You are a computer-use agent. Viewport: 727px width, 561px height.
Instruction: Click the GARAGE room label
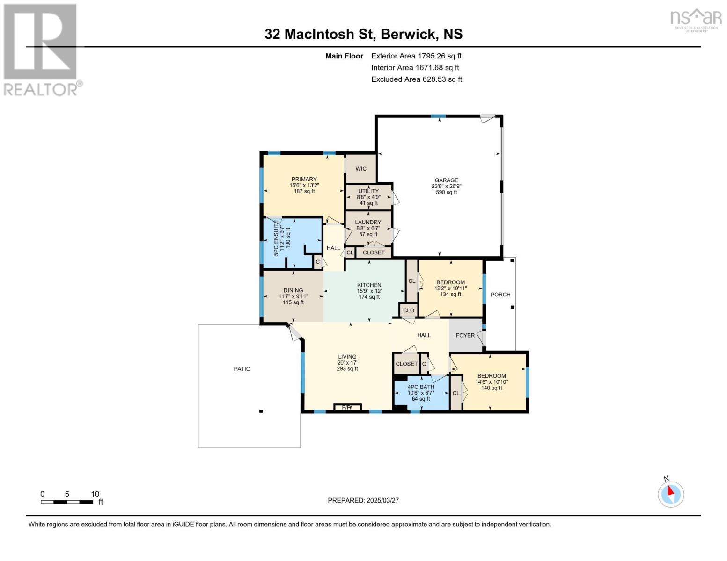446,180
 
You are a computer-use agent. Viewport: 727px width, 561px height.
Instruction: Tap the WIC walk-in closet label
360,169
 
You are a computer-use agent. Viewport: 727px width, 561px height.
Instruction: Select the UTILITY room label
368,191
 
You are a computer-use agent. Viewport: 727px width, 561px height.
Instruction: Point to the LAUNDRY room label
368,222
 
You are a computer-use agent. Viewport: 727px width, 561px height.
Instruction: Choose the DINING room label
293,290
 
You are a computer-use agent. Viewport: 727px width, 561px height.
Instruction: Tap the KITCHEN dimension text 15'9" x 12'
369,291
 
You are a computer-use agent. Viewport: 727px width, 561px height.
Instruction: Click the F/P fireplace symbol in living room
347,407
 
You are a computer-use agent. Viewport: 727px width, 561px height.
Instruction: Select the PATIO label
242,369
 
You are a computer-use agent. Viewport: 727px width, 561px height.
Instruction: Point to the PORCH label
500,295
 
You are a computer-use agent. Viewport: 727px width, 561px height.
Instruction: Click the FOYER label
465,335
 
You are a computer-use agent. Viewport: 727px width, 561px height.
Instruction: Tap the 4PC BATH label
421,387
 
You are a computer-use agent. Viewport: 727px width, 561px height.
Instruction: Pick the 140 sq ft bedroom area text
492,388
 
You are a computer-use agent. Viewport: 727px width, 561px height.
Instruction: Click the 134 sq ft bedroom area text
450,295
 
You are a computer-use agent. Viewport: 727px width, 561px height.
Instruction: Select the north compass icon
671,494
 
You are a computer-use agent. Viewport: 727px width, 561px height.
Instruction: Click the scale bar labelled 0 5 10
67,502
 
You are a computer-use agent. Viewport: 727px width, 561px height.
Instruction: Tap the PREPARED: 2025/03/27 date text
363,500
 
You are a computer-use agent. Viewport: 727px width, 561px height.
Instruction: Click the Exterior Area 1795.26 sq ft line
416,56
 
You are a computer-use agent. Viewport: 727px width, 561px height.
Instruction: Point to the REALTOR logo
41,49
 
